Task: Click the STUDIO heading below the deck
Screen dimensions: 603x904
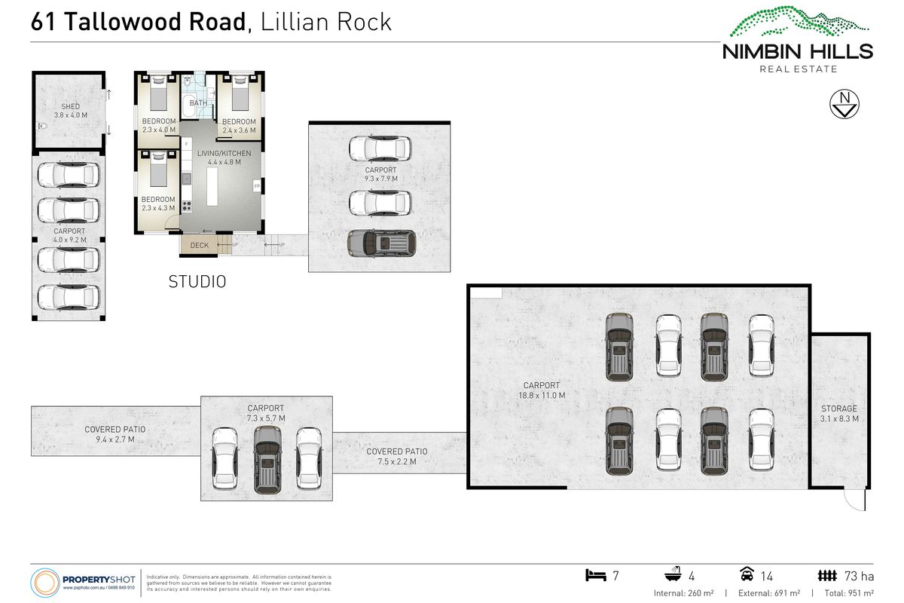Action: tap(197, 283)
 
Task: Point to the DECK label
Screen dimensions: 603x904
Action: tap(199, 245)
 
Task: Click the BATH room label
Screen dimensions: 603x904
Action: tap(198, 103)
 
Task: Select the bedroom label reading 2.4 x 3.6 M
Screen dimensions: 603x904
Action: tap(239, 126)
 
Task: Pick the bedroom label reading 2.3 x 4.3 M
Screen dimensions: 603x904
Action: tap(158, 204)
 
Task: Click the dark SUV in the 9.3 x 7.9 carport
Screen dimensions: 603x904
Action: tap(380, 243)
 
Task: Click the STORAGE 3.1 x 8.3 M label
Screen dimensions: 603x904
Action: tap(839, 413)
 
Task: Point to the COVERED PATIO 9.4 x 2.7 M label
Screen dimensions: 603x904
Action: tap(115, 434)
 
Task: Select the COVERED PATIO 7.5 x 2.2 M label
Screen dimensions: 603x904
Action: tap(397, 457)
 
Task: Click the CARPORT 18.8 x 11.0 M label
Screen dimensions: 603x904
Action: tap(542, 390)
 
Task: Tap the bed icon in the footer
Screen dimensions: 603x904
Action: tap(596, 576)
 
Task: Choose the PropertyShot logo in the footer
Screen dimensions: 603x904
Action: tap(83, 582)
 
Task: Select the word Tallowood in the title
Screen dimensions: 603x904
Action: tap(155, 21)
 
